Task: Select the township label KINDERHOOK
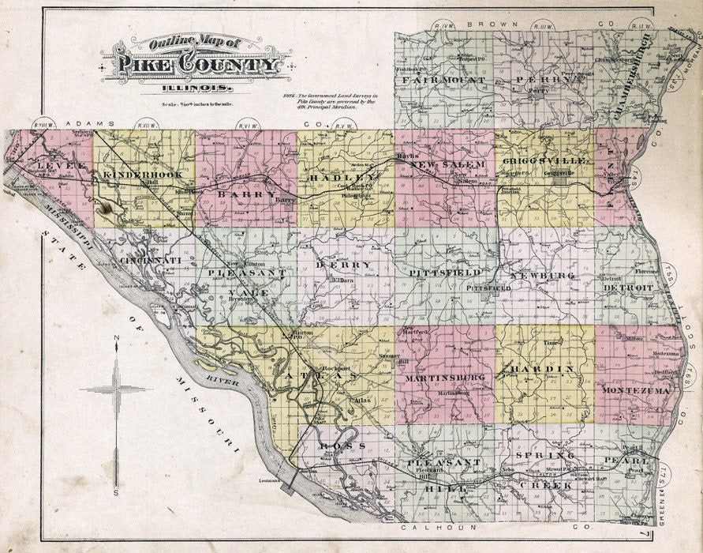click(142, 174)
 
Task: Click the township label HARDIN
click(545, 369)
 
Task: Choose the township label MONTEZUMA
click(636, 391)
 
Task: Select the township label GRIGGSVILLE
click(544, 160)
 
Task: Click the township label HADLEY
click(346, 179)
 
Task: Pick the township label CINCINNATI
click(151, 260)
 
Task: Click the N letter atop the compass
click(116, 340)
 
